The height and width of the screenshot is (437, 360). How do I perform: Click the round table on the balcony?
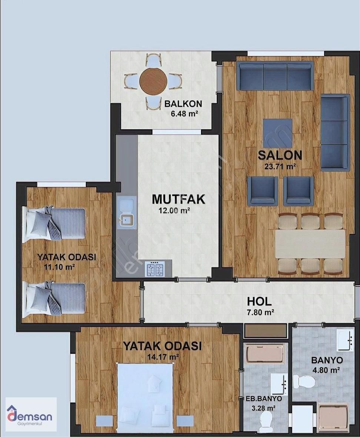[x=154, y=81]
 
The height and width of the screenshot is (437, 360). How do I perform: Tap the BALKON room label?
[x=183, y=104]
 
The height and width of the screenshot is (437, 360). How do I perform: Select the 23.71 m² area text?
[x=280, y=166]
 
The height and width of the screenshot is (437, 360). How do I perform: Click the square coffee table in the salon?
[x=277, y=133]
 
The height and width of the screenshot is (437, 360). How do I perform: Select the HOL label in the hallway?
[x=259, y=301]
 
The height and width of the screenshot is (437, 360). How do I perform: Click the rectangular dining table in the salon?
[x=310, y=244]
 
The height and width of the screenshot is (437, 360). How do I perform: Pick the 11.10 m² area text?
[x=59, y=267]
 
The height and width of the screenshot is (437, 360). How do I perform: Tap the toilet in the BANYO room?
[x=304, y=380]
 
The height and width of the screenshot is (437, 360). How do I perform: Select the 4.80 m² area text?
[x=327, y=370]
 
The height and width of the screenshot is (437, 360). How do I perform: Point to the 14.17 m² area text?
[x=163, y=357]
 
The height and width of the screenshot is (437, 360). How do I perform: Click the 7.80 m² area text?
[x=260, y=313]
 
